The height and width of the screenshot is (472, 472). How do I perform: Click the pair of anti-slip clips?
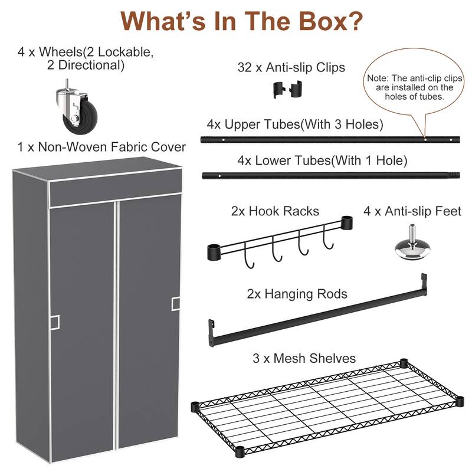coord(283,90)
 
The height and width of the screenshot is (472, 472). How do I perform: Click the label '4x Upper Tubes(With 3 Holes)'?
coord(295,124)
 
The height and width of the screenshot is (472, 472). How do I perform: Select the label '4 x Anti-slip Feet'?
coord(412,211)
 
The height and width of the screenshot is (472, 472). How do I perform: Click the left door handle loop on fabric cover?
coord(54,322)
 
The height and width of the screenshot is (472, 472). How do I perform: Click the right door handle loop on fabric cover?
coord(176,303)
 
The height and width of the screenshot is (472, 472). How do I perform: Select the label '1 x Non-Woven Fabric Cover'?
coord(102,147)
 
